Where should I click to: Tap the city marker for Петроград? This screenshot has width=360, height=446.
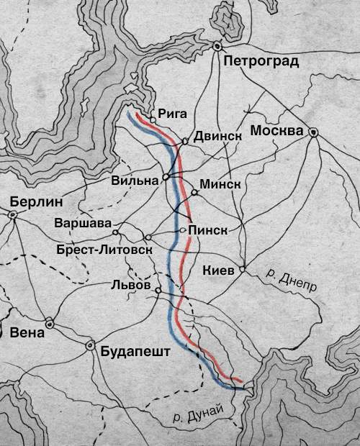click(216, 46)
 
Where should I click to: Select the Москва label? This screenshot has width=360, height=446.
click(276, 132)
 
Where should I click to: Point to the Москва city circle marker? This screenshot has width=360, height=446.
click(313, 132)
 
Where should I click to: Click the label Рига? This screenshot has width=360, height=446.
click(171, 113)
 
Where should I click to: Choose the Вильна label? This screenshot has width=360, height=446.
click(135, 181)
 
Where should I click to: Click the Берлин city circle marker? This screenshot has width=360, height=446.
click(12, 214)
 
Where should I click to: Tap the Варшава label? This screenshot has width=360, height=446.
click(84, 223)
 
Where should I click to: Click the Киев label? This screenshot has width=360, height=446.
click(219, 270)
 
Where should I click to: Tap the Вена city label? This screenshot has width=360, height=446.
click(28, 333)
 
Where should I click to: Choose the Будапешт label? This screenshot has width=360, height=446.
click(135, 352)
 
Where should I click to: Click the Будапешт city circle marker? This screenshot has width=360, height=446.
click(91, 345)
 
